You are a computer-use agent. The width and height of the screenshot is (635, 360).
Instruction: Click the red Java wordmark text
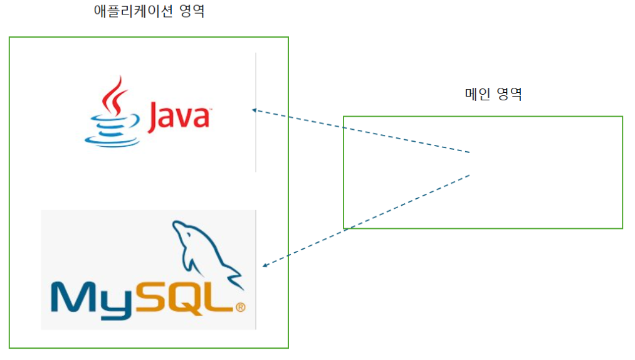click(178, 117)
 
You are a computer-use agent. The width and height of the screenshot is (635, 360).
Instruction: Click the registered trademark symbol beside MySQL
click(240, 307)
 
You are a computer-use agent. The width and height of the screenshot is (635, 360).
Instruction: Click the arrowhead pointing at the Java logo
click(255, 110)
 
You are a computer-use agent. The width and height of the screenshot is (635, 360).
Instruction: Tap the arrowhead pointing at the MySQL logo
click(265, 265)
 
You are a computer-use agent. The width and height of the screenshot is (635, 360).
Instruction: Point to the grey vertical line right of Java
click(256, 113)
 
